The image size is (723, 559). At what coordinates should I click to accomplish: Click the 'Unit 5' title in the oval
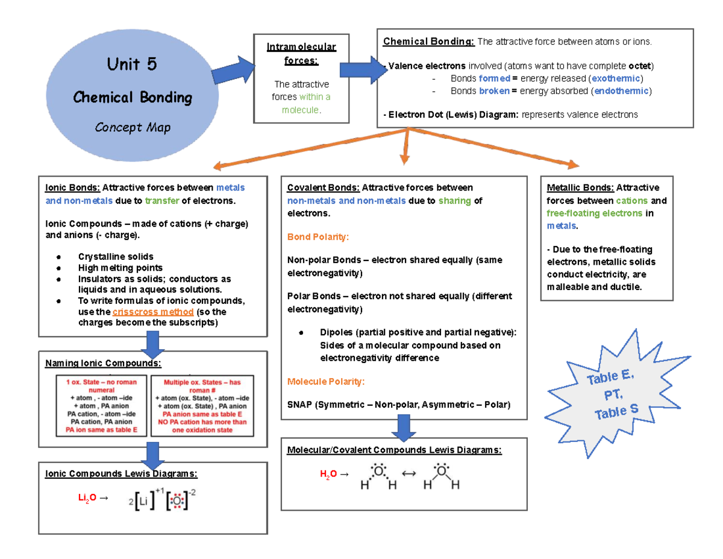pyautogui.click(x=131, y=64)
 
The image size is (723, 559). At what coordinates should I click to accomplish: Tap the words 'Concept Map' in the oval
pyautogui.click(x=132, y=127)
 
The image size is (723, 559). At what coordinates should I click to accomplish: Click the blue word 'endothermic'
pyautogui.click(x=621, y=91)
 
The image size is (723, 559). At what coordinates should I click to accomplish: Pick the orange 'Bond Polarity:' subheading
pyautogui.click(x=318, y=237)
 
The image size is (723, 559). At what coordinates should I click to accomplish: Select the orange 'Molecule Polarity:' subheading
pyautogui.click(x=326, y=382)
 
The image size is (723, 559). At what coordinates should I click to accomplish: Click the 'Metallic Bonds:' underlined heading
pyautogui.click(x=580, y=188)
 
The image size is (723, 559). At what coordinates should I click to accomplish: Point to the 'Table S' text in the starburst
pyautogui.click(x=616, y=412)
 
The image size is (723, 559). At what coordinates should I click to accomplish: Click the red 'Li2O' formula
pyautogui.click(x=87, y=498)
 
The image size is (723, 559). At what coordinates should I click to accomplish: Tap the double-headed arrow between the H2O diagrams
pyautogui.click(x=408, y=474)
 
